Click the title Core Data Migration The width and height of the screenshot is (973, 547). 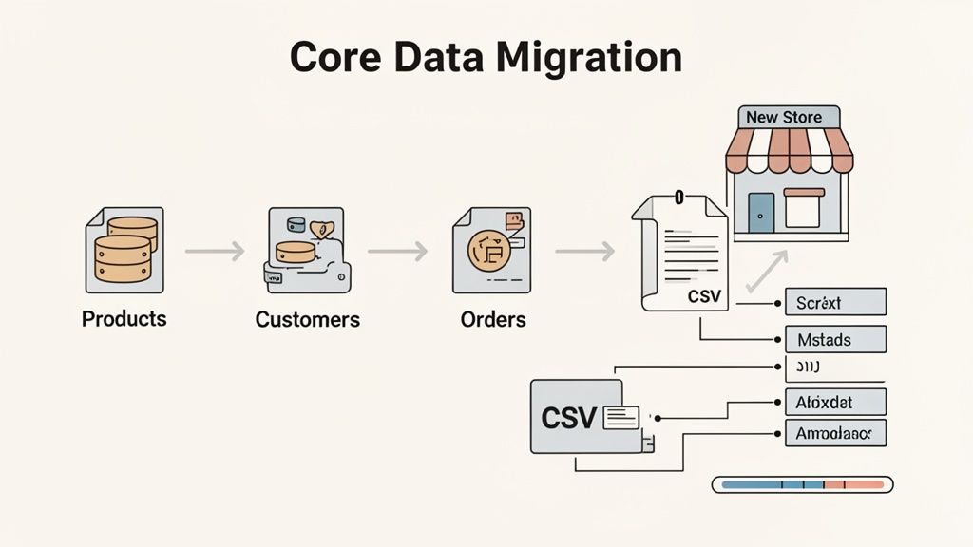click(x=486, y=58)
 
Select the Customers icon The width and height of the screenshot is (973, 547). click(x=307, y=250)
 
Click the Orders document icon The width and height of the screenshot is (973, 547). click(x=491, y=250)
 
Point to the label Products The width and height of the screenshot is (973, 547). click(x=124, y=319)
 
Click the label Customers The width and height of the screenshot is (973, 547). click(x=307, y=320)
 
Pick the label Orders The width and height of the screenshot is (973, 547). click(x=493, y=320)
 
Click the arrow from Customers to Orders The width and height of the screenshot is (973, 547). click(x=397, y=252)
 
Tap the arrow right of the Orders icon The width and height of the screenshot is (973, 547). click(x=583, y=252)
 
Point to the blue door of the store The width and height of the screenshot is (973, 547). click(x=761, y=212)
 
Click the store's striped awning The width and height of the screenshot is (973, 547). click(x=788, y=151)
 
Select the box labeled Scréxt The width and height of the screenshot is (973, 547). click(x=835, y=303)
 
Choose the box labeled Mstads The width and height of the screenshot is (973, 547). click(x=835, y=339)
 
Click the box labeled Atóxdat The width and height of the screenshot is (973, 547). click(x=835, y=401)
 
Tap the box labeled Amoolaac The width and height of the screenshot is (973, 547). click(x=835, y=434)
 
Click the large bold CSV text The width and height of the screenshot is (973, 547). click(x=567, y=417)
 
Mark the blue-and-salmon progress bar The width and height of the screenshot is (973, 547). click(x=802, y=485)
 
